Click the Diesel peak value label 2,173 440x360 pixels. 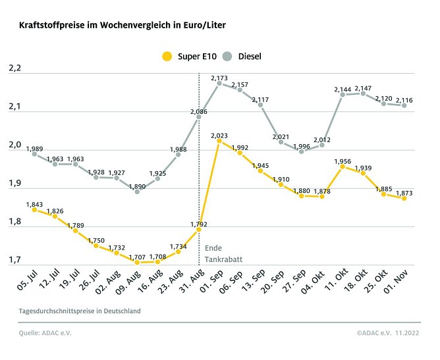pos(219,78)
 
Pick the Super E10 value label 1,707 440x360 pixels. pos(136,257)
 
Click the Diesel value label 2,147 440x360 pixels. pos(364,88)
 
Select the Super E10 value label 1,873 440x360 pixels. pos(404,193)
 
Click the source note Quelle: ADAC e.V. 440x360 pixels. pos(45,333)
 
